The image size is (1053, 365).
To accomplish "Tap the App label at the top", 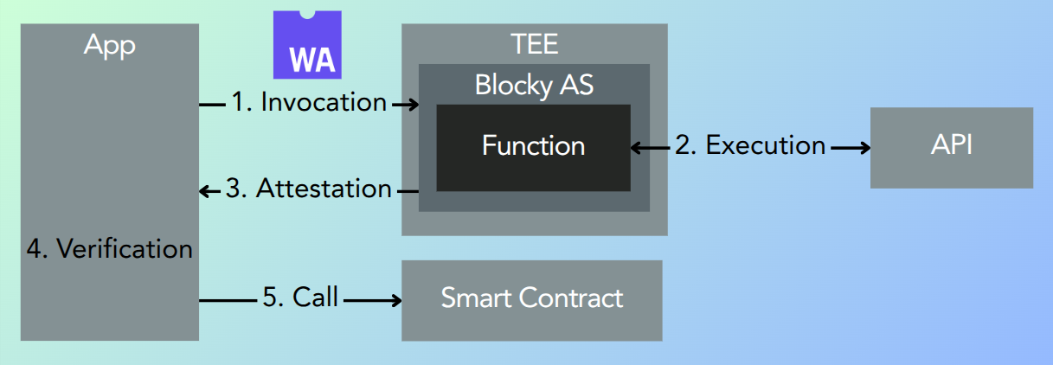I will click(109, 45).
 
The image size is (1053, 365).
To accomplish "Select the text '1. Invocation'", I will click(309, 103).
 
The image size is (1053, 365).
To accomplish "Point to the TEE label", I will click(534, 43).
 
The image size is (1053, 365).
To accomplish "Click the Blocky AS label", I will click(534, 86).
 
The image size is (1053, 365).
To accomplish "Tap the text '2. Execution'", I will click(750, 145).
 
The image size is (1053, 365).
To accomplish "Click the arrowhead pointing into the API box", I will click(863, 148).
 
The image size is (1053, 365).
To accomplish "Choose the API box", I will click(951, 147).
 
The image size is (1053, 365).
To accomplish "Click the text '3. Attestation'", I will click(309, 189).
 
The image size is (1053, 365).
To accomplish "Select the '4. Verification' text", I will click(109, 249).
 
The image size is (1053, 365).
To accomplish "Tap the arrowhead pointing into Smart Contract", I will click(395, 300).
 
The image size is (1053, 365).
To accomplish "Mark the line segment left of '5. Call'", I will click(228, 300).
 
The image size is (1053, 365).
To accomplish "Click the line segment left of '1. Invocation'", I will click(212, 105).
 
